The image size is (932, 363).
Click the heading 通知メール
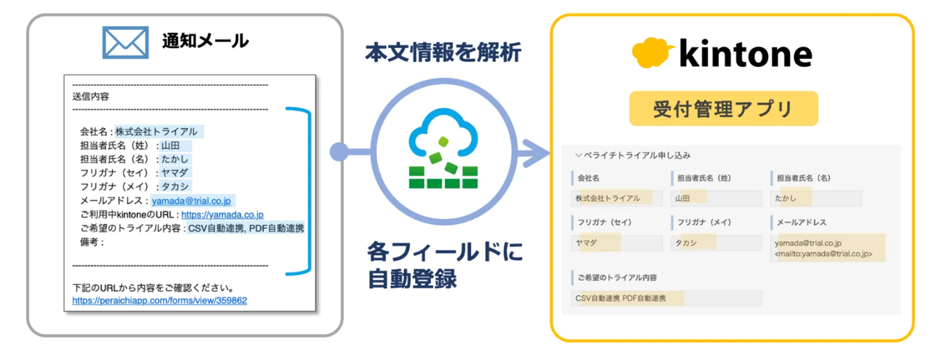(205, 42)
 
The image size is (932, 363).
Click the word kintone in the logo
(744, 55)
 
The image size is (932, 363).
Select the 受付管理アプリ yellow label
(723, 110)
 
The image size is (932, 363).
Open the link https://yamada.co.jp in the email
(222, 215)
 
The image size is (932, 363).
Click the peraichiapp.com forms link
(159, 300)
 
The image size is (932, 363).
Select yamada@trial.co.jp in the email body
(193, 202)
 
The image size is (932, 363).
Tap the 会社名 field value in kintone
(617, 199)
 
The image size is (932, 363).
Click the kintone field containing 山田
(716, 199)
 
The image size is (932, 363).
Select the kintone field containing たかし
(815, 199)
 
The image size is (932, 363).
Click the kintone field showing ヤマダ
(617, 243)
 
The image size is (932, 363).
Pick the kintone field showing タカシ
(716, 243)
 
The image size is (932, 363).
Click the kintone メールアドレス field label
(801, 222)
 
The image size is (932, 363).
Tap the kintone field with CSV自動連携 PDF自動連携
(666, 298)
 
